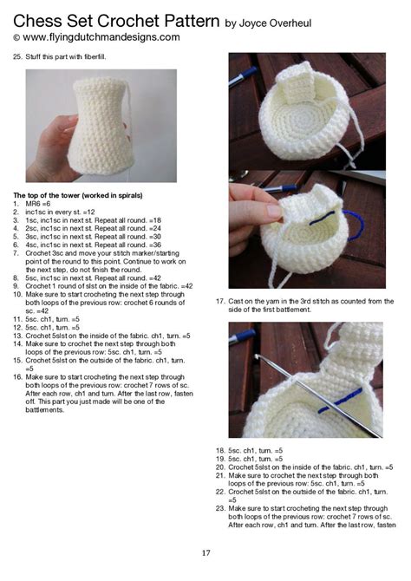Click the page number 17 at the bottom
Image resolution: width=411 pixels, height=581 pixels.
[205, 552]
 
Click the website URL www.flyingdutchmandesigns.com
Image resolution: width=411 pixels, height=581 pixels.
[101, 38]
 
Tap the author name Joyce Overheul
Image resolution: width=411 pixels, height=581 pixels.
[276, 23]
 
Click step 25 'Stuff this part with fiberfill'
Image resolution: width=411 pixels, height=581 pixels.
[74, 57]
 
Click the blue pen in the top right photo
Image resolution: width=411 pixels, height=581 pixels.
[242, 75]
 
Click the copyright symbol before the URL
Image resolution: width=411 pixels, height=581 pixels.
[16, 39]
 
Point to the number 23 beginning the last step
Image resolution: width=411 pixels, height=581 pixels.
[220, 507]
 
